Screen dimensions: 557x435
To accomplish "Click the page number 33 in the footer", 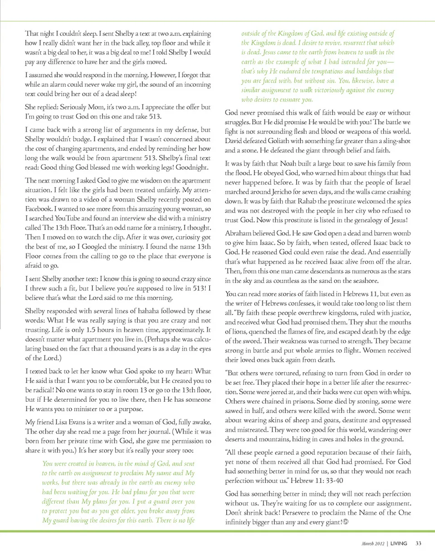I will (418, 543).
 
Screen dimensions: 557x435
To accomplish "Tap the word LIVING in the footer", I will (399, 543).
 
